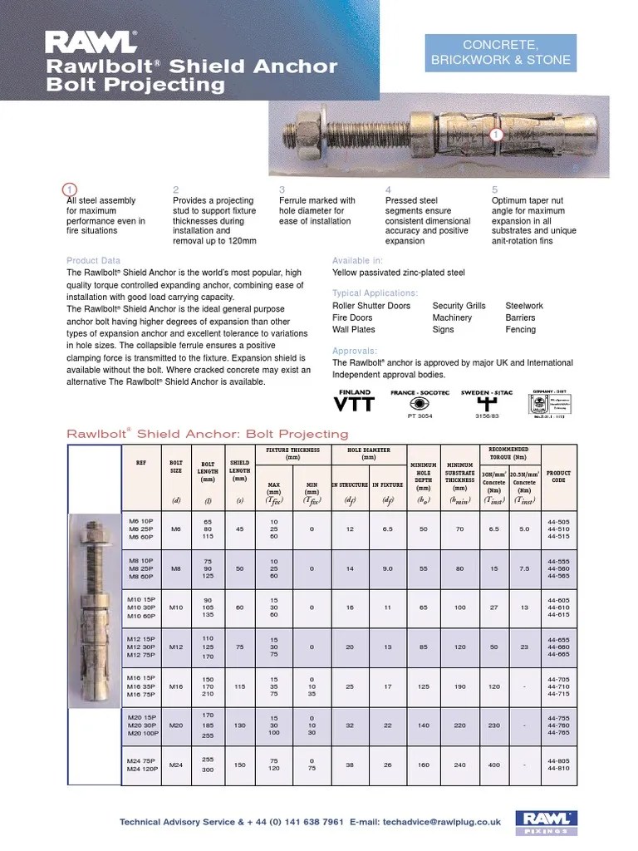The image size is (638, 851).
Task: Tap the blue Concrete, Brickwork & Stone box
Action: tap(499, 52)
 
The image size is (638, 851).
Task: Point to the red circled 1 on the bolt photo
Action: tap(496, 134)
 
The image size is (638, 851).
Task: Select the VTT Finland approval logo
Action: tap(354, 403)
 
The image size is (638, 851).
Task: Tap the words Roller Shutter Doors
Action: tap(371, 306)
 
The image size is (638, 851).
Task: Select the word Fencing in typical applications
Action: tap(522, 329)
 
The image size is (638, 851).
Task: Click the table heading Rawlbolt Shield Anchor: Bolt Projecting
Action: tap(207, 434)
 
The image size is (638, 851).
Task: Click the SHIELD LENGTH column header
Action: tap(239, 472)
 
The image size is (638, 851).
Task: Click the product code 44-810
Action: tap(558, 770)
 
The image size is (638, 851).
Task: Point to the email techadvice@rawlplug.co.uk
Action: tap(442, 822)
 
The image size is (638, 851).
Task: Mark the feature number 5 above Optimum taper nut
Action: tap(495, 189)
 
